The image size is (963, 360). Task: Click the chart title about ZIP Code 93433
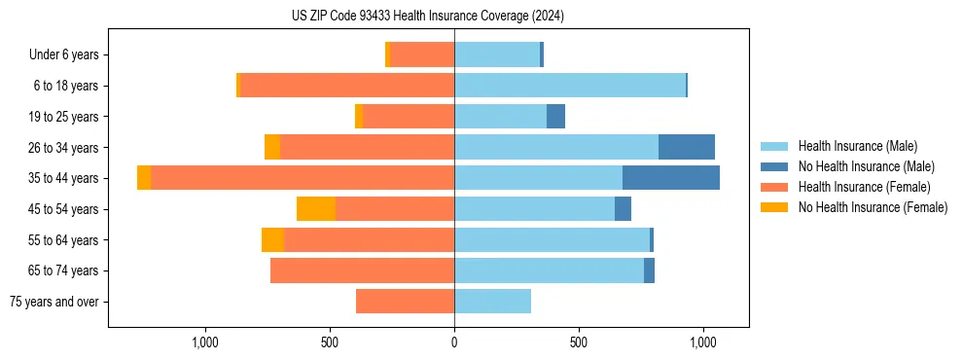coord(428,17)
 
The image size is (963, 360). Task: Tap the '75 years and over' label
coord(53,302)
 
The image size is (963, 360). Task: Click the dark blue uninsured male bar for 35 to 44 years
coord(671,178)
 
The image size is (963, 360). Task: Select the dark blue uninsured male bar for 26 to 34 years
coord(687,147)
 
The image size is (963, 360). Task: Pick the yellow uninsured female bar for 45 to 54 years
coord(316,208)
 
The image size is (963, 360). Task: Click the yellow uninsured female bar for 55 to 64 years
coord(272,239)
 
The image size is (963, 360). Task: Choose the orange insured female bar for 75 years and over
coord(405,302)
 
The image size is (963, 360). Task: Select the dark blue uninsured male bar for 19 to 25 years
coord(555,117)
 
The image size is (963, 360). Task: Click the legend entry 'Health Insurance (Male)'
coord(857,146)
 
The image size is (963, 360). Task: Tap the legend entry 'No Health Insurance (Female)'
coord(873,207)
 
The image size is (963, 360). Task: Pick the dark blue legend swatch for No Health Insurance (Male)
coord(774,166)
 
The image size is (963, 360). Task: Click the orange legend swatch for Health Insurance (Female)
coord(774,187)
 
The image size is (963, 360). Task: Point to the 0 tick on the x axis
coord(454,342)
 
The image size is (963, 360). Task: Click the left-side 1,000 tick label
coord(204,342)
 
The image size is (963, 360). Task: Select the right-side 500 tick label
coord(579,342)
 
